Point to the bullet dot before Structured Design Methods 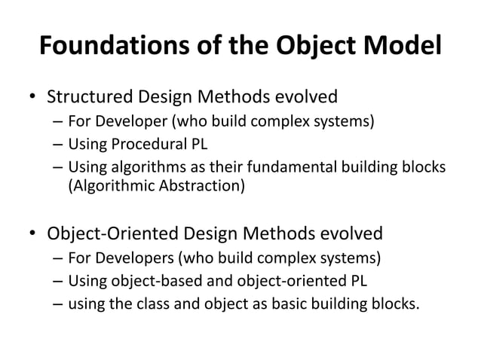coord(32,99)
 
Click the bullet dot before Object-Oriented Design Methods coord(32,233)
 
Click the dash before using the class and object coord(58,305)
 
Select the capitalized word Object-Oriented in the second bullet coord(120,232)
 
